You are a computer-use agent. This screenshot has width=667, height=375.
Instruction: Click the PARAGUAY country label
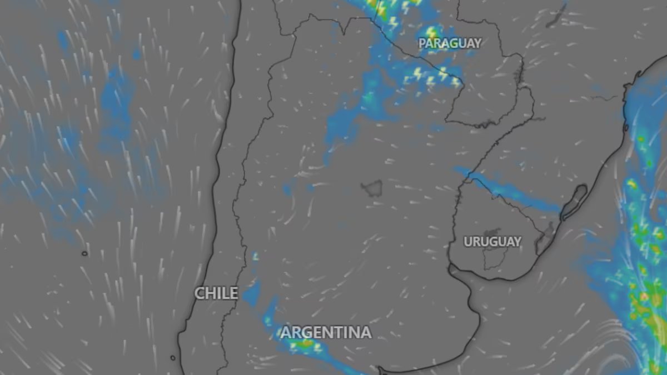coord(450,43)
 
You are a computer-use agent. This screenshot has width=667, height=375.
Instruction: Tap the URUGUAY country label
coord(492,242)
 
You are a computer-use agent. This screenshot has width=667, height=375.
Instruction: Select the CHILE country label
coord(216,293)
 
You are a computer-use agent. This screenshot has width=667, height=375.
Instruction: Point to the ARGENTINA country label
coord(326,333)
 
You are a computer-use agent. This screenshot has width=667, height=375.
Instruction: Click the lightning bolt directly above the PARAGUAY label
coord(431,32)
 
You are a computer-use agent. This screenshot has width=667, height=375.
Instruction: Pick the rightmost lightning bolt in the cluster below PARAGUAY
coord(455,82)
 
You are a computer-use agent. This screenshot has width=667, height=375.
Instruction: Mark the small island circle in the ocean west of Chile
coord(84,253)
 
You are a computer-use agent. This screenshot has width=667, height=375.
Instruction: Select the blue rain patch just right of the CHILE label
coord(252,292)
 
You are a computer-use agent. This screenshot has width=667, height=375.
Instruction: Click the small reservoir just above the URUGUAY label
coord(491,232)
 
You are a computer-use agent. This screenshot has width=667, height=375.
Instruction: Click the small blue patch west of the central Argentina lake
coord(287,189)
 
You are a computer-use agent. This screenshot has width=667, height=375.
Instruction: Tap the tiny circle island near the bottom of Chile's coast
coord(173,358)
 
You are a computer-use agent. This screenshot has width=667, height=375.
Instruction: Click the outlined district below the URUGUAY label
coord(492,258)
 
